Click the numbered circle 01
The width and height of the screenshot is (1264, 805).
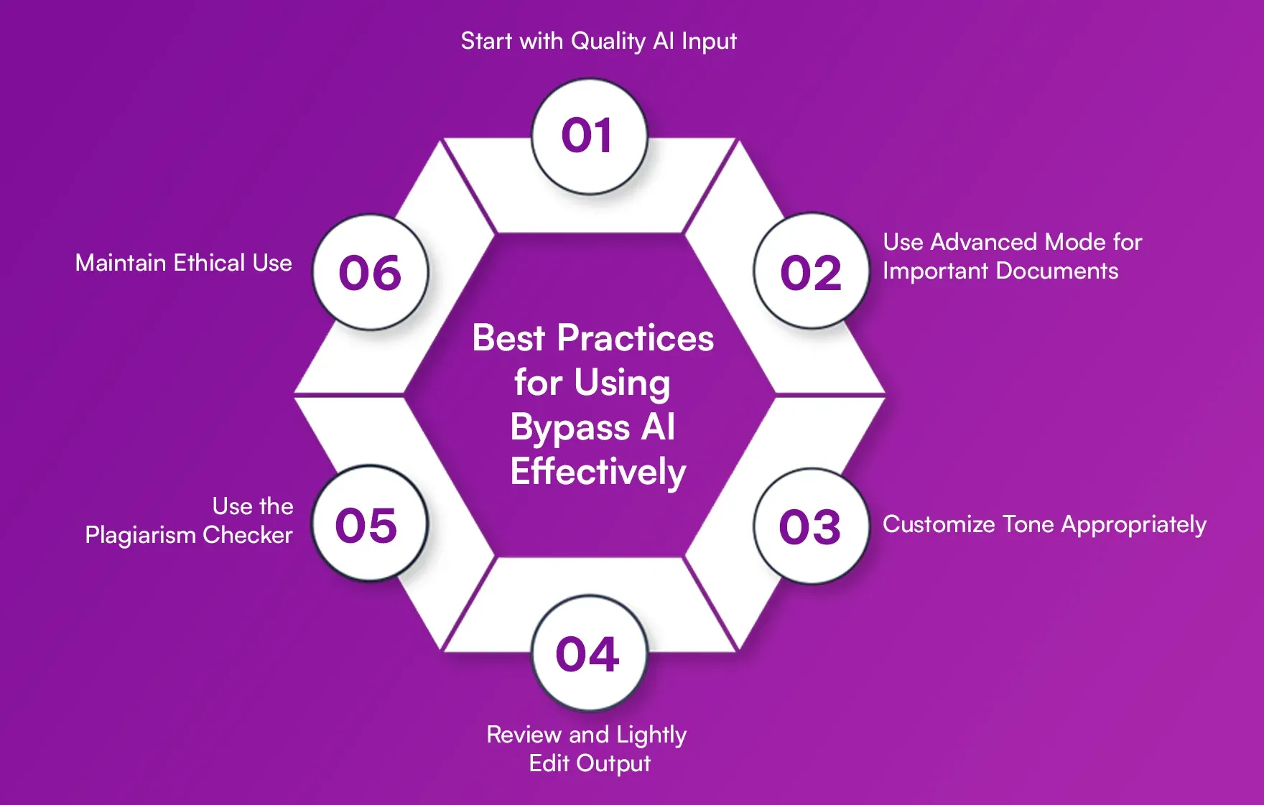(589, 136)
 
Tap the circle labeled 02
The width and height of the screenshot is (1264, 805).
(811, 271)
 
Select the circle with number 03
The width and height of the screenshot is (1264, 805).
(811, 526)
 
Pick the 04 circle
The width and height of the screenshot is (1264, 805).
(589, 653)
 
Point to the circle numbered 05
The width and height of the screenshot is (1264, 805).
(369, 524)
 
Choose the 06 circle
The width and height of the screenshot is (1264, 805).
(371, 273)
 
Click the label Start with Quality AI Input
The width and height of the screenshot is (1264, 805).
(598, 41)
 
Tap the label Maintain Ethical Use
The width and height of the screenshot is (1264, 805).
(183, 263)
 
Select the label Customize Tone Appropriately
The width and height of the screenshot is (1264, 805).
(1044, 524)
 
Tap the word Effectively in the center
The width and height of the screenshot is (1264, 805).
(598, 472)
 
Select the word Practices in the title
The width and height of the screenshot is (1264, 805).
(635, 338)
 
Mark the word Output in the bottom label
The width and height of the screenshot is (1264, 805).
(613, 763)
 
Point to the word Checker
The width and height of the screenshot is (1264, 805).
(247, 535)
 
